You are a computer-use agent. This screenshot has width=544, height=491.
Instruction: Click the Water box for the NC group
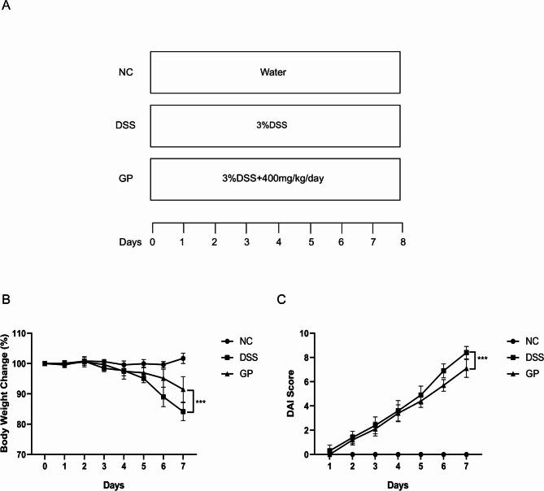tap(275, 72)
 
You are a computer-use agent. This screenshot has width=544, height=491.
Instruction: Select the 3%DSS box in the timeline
tap(275, 126)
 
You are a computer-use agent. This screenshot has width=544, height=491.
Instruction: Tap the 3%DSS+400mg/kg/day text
tap(275, 179)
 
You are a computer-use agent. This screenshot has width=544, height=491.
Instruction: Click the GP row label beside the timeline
tap(126, 179)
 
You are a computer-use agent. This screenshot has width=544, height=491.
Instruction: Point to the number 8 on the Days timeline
tap(403, 241)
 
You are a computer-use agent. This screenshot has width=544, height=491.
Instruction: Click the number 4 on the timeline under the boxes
tap(278, 241)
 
